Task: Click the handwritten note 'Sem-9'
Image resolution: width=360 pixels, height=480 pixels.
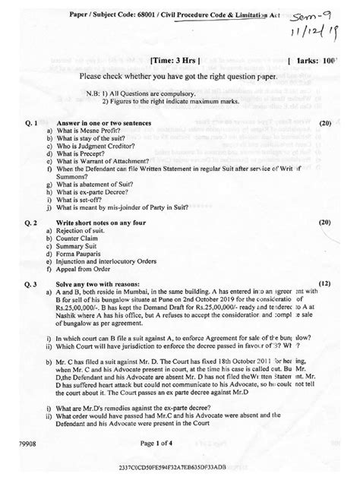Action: (x=311, y=14)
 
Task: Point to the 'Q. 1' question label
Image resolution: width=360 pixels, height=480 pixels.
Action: (x=30, y=122)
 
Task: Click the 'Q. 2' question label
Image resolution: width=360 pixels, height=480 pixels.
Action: (x=30, y=223)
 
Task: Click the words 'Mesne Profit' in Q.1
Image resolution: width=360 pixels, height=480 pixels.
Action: (x=103, y=131)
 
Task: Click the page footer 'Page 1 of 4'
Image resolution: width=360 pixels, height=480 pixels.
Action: (x=178, y=441)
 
